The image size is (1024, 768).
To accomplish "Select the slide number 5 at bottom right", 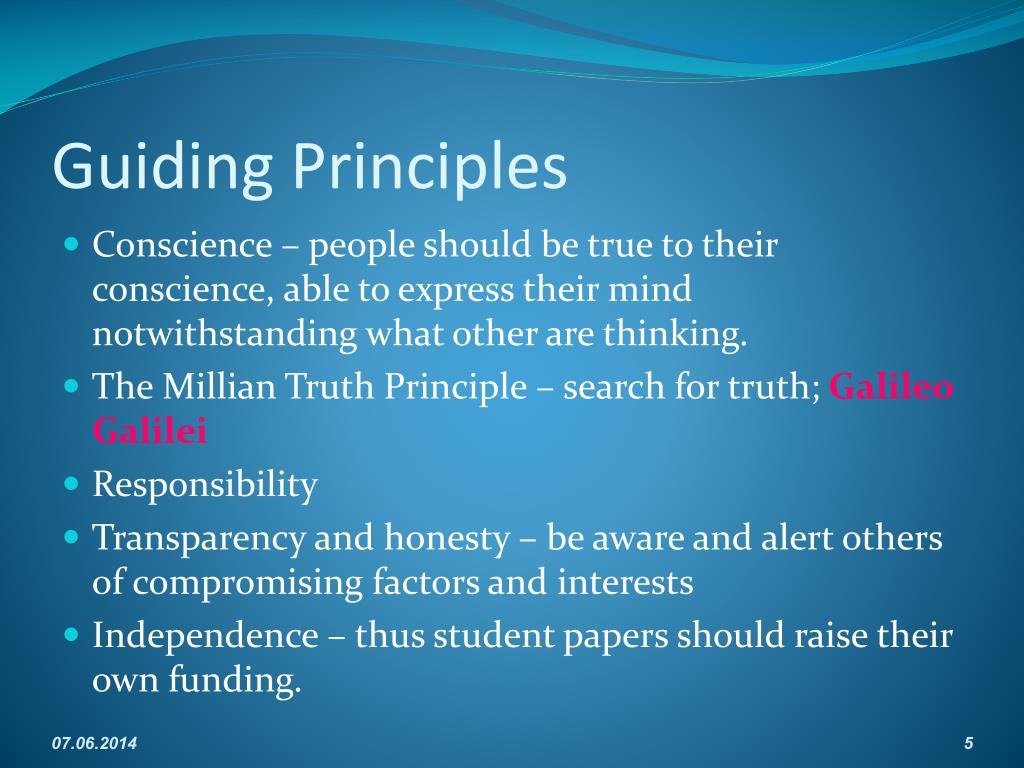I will (968, 743).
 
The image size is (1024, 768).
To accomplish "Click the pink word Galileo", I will (892, 387).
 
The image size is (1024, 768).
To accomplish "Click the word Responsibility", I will (205, 486).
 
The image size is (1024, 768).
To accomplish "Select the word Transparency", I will (199, 538).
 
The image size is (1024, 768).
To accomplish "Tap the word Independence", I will (205, 635).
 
